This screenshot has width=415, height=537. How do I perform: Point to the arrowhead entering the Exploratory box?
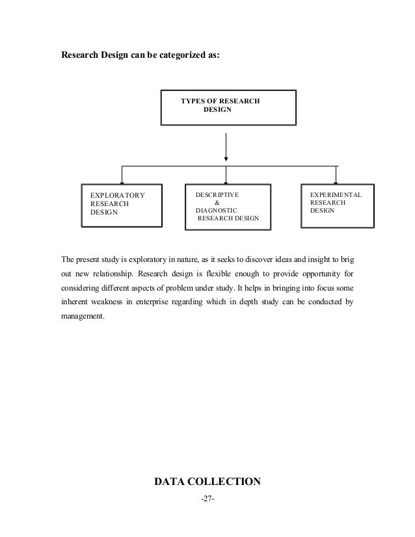point(122,181)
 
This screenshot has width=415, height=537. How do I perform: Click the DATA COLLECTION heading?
point(207,482)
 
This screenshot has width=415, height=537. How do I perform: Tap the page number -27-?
point(207,499)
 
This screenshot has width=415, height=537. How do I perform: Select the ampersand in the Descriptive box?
point(217,202)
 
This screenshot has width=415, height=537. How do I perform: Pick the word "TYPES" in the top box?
point(191,101)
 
